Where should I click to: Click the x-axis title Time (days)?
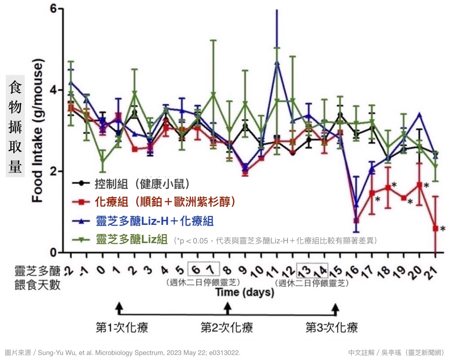tap(245, 292)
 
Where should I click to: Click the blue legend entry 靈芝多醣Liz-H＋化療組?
tap(155, 221)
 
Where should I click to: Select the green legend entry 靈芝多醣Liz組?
tap(132, 239)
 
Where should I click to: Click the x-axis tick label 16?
tap(353, 272)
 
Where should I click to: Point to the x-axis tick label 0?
tap(101, 270)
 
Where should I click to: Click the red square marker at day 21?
tap(435, 228)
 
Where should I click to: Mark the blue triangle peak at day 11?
tap(277, 63)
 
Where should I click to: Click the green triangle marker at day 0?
tap(103, 161)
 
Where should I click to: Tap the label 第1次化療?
tap(122, 327)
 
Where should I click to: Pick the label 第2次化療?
tap(227, 327)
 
